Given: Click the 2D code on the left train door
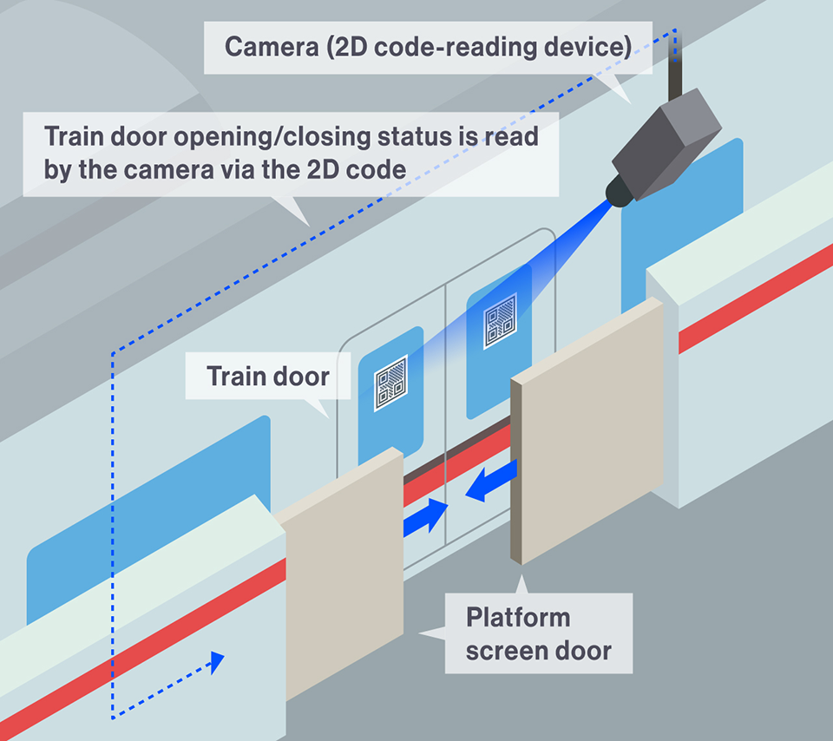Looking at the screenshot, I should point(390,383).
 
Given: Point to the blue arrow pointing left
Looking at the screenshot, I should point(491,482).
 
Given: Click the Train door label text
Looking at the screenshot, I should point(268,377).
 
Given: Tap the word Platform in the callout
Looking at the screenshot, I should point(518,618).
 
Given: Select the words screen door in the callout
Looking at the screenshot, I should point(538,651).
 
